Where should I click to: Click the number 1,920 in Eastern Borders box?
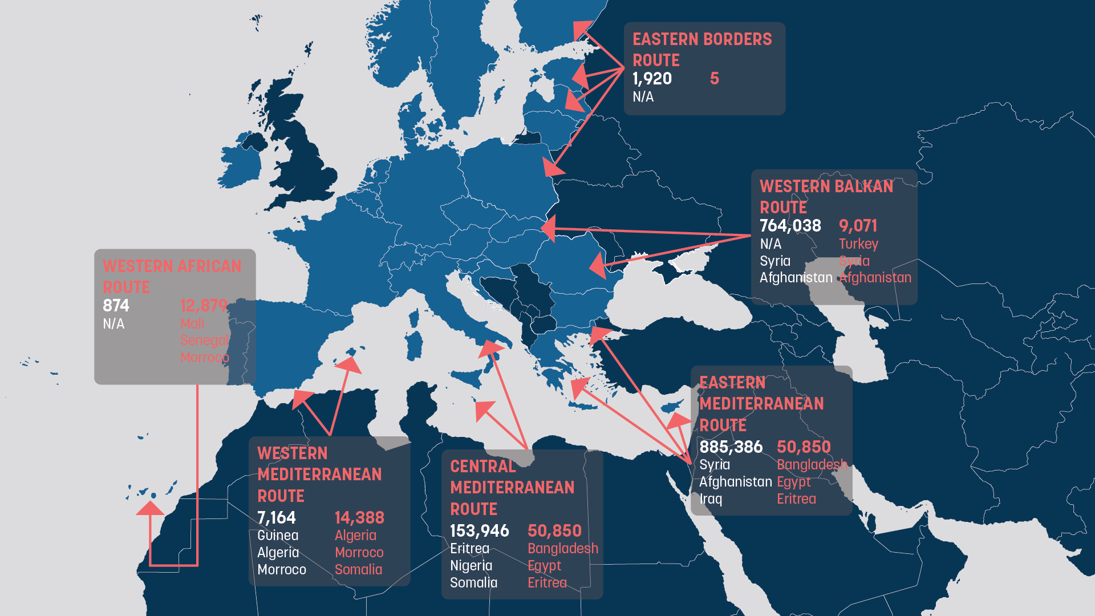652,79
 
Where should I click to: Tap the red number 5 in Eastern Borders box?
714,79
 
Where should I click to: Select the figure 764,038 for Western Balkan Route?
790,226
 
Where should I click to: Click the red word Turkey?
858,244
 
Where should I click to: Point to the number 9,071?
857,226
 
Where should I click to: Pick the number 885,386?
731,447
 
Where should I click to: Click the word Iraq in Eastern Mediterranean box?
711,499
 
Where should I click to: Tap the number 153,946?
479,531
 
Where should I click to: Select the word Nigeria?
471,566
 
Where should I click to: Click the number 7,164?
276,518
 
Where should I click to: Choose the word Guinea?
277,536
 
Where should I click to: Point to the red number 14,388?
359,518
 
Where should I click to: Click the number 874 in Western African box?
116,306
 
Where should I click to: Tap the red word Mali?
192,324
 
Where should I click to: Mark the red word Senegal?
204,341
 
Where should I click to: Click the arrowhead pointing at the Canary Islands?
151,508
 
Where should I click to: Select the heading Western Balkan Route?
826,197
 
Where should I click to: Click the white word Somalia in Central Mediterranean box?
473,583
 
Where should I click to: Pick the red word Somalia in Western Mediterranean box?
358,570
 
